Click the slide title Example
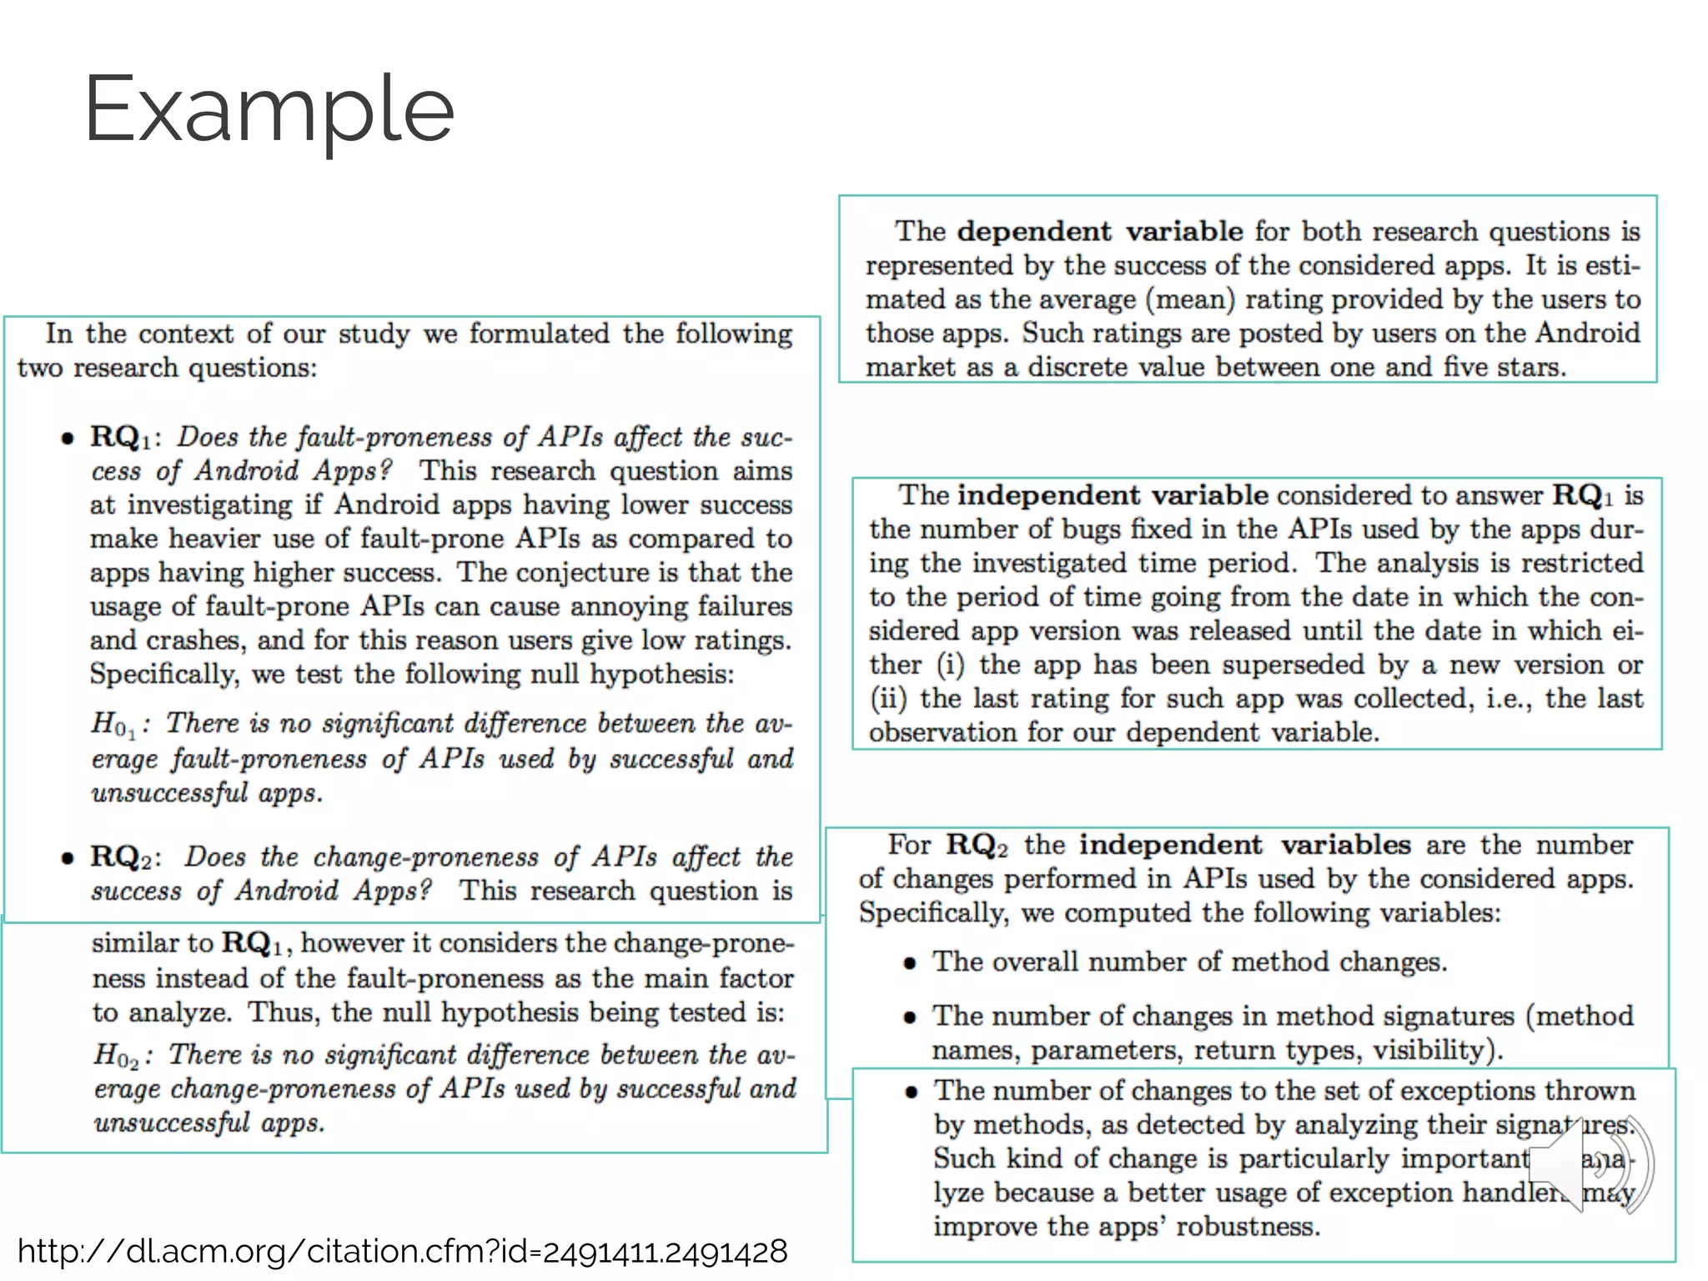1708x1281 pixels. pyautogui.click(x=269, y=110)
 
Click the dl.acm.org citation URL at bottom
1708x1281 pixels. pyautogui.click(x=402, y=1251)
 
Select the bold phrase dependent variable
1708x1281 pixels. pyautogui.click(x=1099, y=231)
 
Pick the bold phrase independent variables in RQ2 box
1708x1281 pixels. pyautogui.click(x=1244, y=845)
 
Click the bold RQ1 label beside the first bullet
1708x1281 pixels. pyautogui.click(x=121, y=437)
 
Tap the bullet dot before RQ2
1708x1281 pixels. pyautogui.click(x=68, y=858)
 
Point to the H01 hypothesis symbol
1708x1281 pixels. pyautogui.click(x=113, y=724)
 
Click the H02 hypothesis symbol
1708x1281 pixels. pyautogui.click(x=115, y=1056)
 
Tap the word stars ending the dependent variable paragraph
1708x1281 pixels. pyautogui.click(x=1530, y=367)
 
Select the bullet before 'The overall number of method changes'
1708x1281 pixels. pyautogui.click(x=910, y=963)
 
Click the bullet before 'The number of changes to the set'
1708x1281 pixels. pyautogui.click(x=912, y=1092)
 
